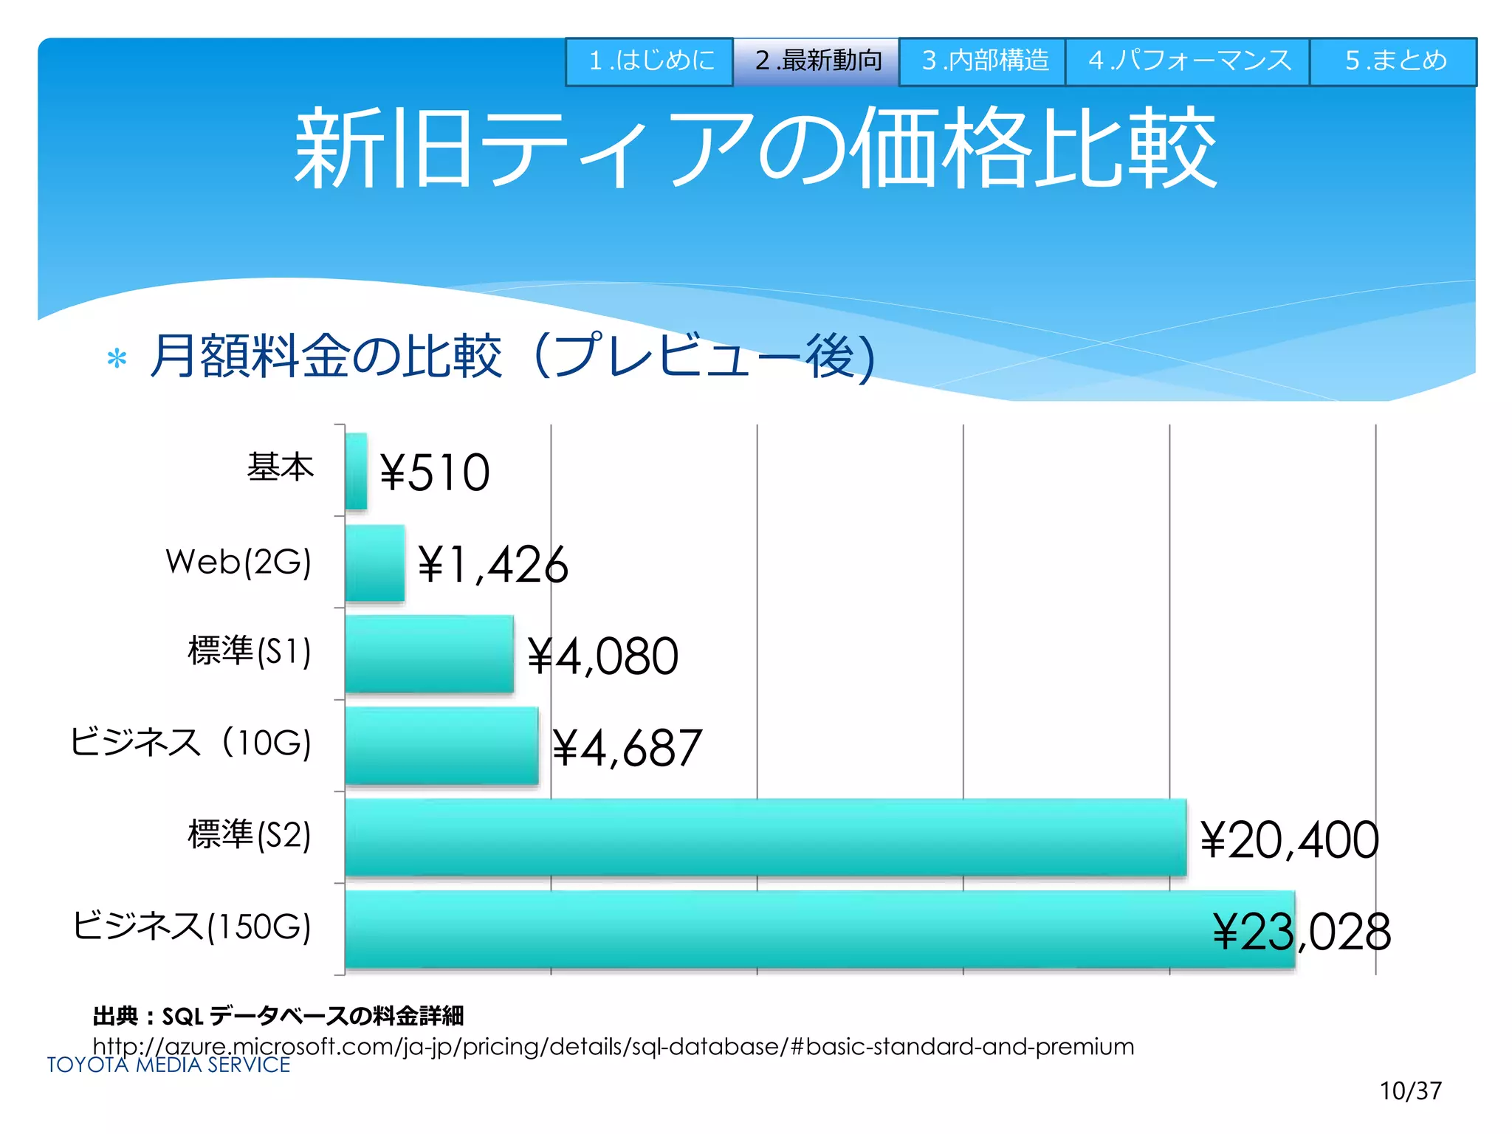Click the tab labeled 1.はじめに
click(650, 61)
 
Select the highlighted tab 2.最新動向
click(817, 61)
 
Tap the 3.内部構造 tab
click(983, 61)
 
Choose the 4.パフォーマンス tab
click(1188, 61)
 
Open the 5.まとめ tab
click(1394, 61)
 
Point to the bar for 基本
click(356, 471)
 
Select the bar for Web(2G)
click(374, 563)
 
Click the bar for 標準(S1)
click(429, 654)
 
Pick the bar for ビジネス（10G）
click(441, 746)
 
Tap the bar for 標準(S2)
click(766, 837)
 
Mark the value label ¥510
click(435, 472)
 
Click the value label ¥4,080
click(602, 656)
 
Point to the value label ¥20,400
click(1289, 840)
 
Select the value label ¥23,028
click(1302, 932)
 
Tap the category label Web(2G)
click(238, 562)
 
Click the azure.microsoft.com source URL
click(613, 1046)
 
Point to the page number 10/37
click(1410, 1090)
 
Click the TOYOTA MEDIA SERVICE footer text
click(168, 1065)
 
